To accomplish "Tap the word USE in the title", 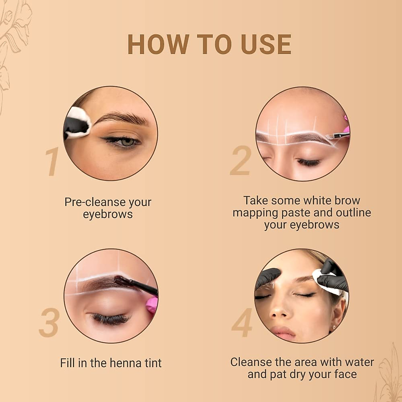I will click(x=266, y=44).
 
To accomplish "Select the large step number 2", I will click(x=241, y=161).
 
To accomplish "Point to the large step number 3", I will click(x=50, y=323).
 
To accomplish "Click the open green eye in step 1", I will click(x=127, y=142).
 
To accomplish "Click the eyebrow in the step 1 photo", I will click(x=122, y=118).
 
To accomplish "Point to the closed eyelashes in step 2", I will click(x=308, y=163).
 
